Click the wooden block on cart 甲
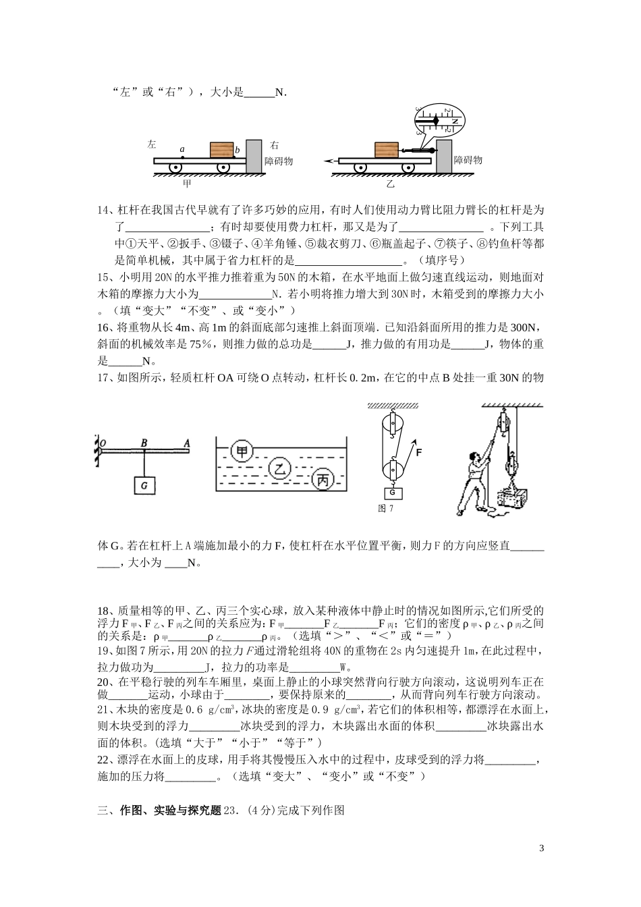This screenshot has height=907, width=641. pyautogui.click(x=221, y=150)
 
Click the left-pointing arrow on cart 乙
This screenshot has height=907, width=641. pyautogui.click(x=329, y=161)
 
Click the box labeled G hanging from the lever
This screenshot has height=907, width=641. pyautogui.click(x=144, y=485)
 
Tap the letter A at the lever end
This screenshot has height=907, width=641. pyautogui.click(x=185, y=443)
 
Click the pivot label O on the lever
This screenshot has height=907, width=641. pyautogui.click(x=104, y=443)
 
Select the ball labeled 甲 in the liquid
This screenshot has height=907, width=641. pyautogui.click(x=241, y=451)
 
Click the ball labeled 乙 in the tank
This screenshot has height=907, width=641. pyautogui.click(x=281, y=467)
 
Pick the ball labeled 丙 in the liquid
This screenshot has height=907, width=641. pyautogui.click(x=323, y=480)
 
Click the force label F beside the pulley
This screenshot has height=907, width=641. pyautogui.click(x=419, y=453)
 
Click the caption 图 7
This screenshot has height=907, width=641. pyautogui.click(x=386, y=508)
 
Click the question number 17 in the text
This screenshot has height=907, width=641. pyautogui.click(x=105, y=378)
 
